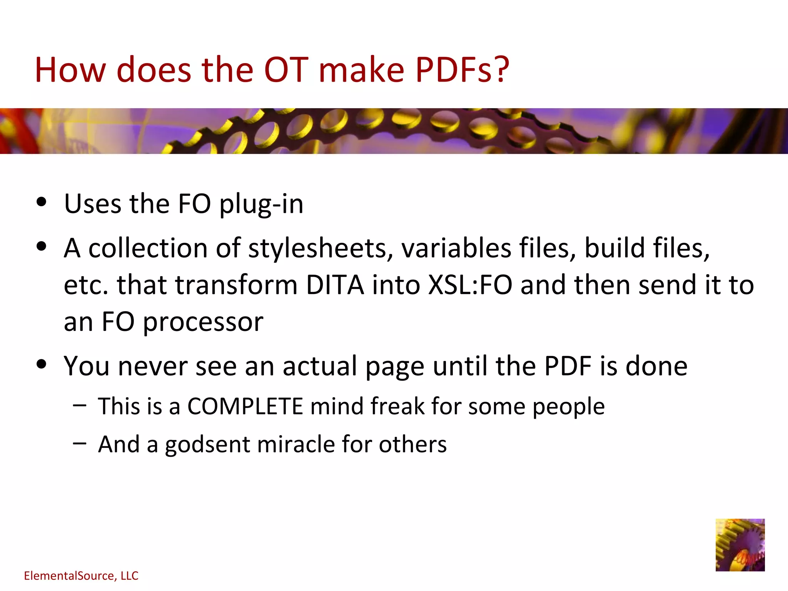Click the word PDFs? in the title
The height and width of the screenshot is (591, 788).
(462, 70)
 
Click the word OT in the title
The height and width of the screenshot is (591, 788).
(286, 70)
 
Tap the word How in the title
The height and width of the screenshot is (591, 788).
(70, 70)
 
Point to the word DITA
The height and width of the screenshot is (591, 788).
(335, 285)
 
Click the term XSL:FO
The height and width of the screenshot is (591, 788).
(470, 285)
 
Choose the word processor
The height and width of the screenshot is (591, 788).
(203, 322)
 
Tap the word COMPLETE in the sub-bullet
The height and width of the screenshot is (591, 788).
(245, 406)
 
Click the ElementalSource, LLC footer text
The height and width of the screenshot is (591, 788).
(81, 576)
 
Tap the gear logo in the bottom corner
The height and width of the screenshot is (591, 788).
(740, 545)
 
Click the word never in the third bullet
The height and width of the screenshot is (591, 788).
(152, 366)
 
